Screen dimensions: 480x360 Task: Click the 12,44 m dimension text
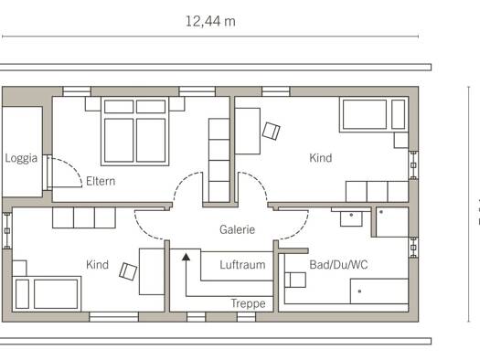pos(210,21)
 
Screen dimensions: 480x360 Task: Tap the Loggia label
pos(21,158)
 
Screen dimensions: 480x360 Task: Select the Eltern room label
pos(101,181)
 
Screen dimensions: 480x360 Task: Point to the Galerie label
pos(237,229)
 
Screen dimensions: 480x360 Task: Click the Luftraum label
pos(242,265)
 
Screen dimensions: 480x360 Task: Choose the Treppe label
pos(249,303)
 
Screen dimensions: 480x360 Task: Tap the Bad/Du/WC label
pos(338,265)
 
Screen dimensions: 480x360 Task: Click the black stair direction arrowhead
pos(186,257)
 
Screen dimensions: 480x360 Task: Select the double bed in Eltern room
pos(135,132)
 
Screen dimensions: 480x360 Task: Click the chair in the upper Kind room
pos(272,131)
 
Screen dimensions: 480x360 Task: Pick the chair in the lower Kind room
pos(128,271)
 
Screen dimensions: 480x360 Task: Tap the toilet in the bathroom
pos(295,280)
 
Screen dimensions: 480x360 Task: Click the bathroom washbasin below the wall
pos(351,217)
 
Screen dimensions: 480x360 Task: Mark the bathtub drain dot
pos(359,291)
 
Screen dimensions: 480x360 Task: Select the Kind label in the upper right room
pos(321,158)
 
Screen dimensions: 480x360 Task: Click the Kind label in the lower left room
pos(97,265)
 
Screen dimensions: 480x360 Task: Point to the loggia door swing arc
pos(71,167)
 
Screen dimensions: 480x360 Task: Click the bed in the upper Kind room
pos(374,114)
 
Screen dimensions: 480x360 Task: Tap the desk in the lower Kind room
pos(152,271)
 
